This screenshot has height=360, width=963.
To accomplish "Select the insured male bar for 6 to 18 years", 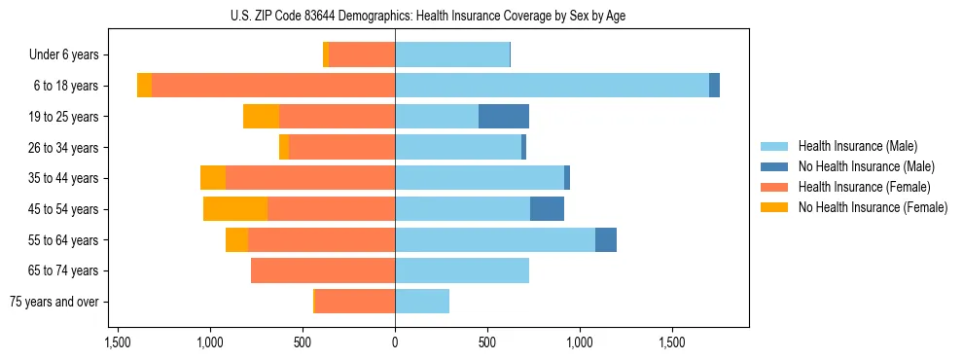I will pyautogui.click(x=552, y=86).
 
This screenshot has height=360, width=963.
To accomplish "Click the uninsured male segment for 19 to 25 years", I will pyautogui.click(x=504, y=117).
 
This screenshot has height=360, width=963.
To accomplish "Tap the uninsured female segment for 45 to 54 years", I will pyautogui.click(x=235, y=209).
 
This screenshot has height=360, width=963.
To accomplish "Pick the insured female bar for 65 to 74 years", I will pyautogui.click(x=323, y=270).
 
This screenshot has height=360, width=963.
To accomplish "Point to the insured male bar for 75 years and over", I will pyautogui.click(x=422, y=302).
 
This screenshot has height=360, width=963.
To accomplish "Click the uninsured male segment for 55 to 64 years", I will pyautogui.click(x=606, y=240).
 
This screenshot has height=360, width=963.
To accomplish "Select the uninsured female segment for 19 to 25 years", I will pyautogui.click(x=261, y=117).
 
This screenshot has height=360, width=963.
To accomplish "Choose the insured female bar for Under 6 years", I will pyautogui.click(x=362, y=55).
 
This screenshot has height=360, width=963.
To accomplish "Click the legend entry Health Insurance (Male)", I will pyautogui.click(x=857, y=146).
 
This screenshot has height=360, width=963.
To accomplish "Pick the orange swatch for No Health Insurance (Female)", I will pyautogui.click(x=774, y=207).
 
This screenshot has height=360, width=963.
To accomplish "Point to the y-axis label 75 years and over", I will pyautogui.click(x=53, y=302).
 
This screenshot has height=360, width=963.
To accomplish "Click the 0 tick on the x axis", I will pyautogui.click(x=395, y=342).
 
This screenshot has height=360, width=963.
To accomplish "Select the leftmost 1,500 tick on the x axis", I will pyautogui.click(x=117, y=342).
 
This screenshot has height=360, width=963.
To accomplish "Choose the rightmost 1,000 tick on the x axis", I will pyautogui.click(x=580, y=342).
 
